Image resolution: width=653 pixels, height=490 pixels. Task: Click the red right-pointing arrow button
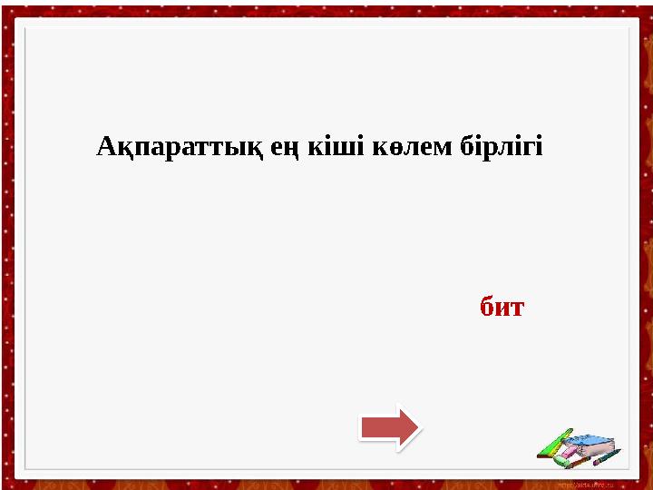point(389,426)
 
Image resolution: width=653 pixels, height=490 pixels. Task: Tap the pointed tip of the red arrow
point(414,426)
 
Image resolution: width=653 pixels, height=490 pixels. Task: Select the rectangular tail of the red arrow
point(376,426)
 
